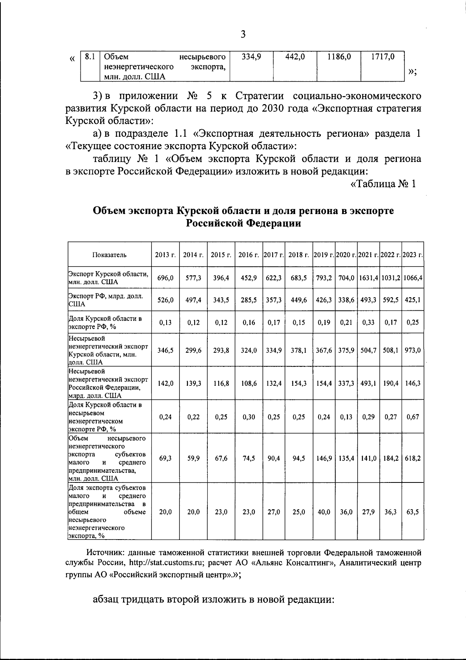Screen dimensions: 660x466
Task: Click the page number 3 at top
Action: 243,35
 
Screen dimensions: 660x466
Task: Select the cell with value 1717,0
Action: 383,57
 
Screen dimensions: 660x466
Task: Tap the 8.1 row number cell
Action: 90,57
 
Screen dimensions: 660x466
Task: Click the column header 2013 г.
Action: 165,255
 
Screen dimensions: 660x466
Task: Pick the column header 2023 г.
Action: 413,255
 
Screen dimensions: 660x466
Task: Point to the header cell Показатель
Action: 110,255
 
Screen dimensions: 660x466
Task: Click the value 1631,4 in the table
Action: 369,278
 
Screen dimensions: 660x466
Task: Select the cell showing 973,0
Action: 413,350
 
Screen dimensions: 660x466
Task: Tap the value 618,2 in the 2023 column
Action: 413,458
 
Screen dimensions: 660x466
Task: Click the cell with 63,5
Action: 413,512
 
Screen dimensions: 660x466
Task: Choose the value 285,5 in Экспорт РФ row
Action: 249,300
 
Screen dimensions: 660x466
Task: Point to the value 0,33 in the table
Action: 369,322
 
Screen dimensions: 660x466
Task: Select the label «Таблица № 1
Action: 383,184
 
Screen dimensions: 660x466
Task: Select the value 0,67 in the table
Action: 413,417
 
